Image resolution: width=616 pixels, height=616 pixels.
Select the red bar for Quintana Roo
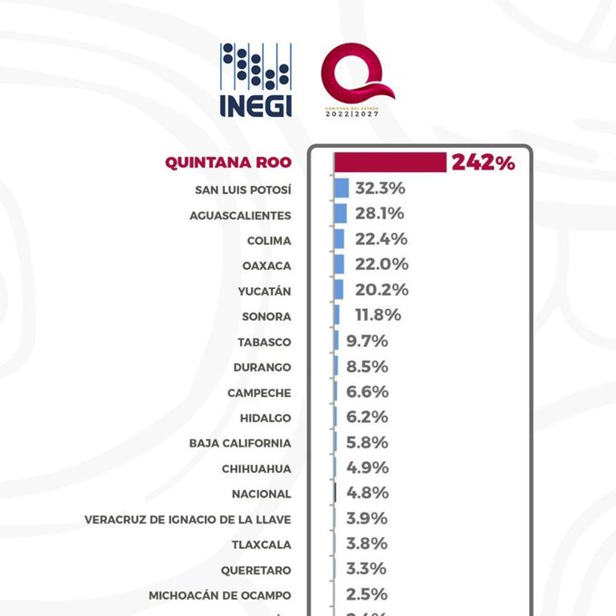coord(390,163)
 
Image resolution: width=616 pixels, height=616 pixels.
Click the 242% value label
coord(485,163)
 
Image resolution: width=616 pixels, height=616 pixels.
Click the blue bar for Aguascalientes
coord(341,215)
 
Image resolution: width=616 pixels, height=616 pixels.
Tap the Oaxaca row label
coord(266,265)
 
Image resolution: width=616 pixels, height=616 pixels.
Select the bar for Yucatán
coord(340,291)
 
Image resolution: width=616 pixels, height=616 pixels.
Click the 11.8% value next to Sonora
coord(371,316)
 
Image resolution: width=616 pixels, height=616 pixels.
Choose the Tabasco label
coord(265,342)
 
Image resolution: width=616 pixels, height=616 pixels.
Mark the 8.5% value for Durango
coord(367,367)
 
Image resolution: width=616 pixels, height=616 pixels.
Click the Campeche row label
coord(260,392)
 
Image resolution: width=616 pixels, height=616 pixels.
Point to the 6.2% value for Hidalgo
coord(367,418)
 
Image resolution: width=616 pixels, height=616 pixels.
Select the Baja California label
coord(240,443)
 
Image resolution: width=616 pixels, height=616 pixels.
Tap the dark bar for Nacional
coord(335,494)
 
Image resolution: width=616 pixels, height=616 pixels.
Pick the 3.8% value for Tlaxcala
coord(366,544)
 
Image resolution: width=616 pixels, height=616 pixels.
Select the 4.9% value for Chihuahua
coord(367,468)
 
